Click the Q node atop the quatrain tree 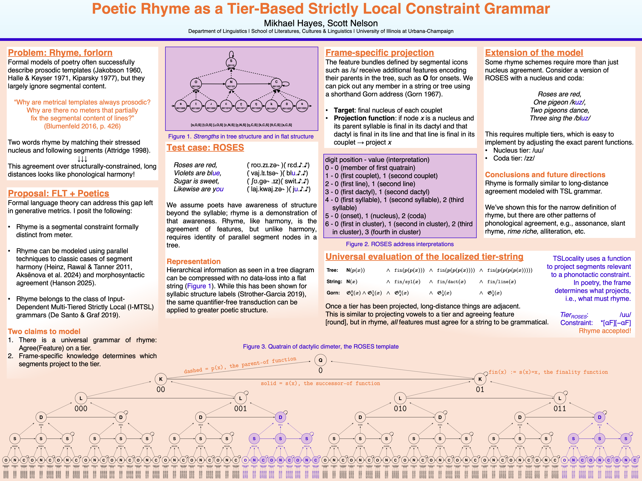click(320, 360)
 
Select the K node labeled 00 click(161, 379)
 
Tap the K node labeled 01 click(480, 379)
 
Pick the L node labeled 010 click(400, 398)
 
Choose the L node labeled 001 click(240, 398)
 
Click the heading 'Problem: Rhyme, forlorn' click(60, 53)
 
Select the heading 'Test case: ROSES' click(205, 148)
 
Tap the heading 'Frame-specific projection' click(380, 53)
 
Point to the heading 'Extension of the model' click(534, 53)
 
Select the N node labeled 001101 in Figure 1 click(231, 84)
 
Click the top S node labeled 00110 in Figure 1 click(231, 63)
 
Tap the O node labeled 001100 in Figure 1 click(196, 84)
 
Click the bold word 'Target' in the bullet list click(344, 110)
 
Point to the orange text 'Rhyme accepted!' click(605, 331)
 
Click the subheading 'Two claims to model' click(44, 331)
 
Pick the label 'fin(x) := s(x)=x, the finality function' click(548, 372)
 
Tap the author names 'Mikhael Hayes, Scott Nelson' click(321, 23)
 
